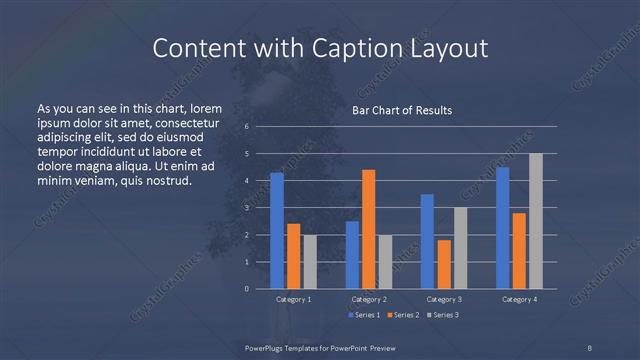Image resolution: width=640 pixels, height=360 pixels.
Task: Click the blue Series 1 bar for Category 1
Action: click(277, 231)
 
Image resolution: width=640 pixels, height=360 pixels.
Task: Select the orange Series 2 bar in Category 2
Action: click(368, 229)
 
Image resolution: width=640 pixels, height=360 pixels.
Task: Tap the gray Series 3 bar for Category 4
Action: click(535, 221)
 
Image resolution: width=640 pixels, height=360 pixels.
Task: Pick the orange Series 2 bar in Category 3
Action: click(444, 264)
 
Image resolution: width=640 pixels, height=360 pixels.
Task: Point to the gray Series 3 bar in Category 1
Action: click(309, 262)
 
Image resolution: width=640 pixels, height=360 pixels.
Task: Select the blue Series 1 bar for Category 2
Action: click(352, 255)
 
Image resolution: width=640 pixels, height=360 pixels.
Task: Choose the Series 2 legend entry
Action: click(403, 315)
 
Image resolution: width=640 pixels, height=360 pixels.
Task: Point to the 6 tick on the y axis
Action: click(247, 127)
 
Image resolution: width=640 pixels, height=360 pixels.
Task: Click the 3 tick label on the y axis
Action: click(247, 208)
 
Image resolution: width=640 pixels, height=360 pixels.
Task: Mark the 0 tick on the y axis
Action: click(247, 289)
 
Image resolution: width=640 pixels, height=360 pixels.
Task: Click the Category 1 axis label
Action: click(293, 299)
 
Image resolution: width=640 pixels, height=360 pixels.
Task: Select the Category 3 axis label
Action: click(444, 299)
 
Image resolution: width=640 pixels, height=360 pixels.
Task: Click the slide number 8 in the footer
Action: click(589, 347)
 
